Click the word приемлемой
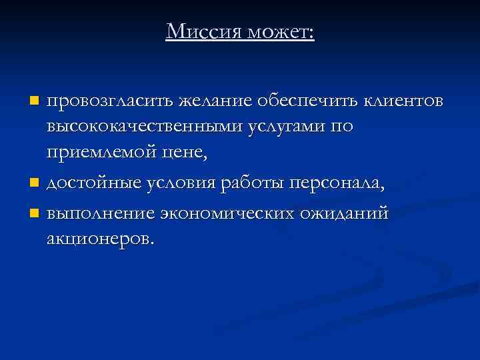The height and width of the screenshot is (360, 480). (101, 153)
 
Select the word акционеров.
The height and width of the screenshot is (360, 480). (99, 238)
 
